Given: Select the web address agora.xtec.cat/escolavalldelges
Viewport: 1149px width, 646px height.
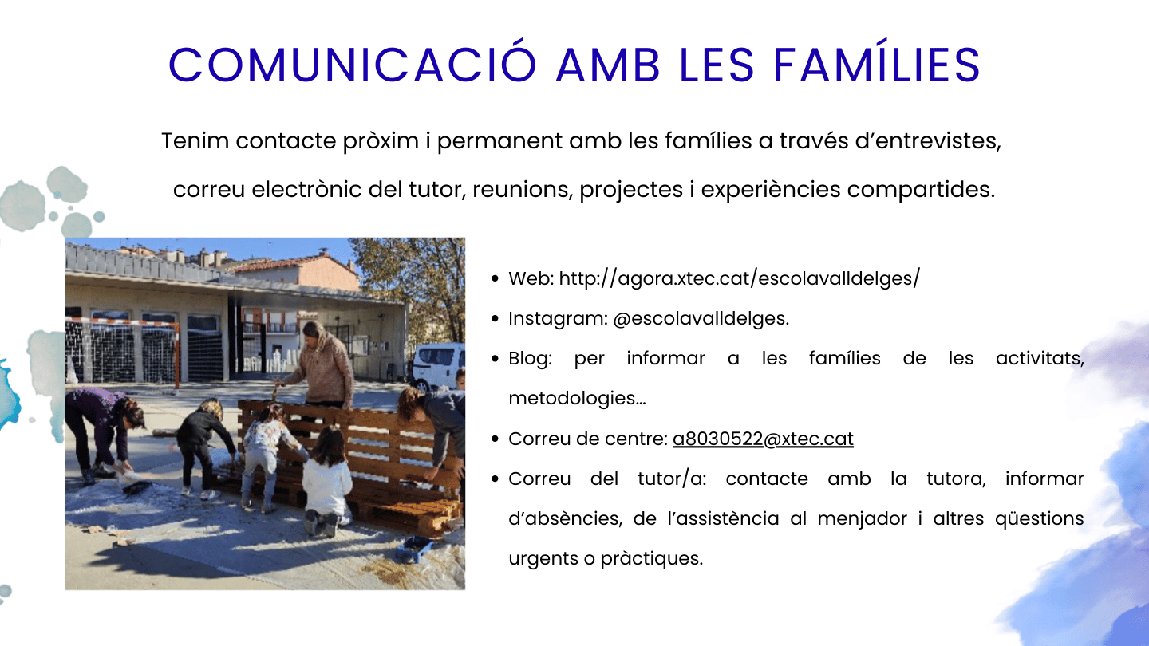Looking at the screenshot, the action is pyautogui.click(x=740, y=278).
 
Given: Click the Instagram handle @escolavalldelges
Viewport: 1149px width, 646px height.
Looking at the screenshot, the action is pyautogui.click(x=701, y=318).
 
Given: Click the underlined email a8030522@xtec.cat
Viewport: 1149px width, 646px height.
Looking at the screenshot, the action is pyautogui.click(x=763, y=439).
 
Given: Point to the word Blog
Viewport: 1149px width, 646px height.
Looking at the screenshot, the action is pyautogui.click(x=530, y=358).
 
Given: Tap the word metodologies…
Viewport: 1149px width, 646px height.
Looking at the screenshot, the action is pyautogui.click(x=577, y=398).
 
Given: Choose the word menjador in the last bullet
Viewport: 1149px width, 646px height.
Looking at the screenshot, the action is pyautogui.click(x=862, y=519).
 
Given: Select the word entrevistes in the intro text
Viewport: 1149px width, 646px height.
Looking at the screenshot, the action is pyautogui.click(x=937, y=141).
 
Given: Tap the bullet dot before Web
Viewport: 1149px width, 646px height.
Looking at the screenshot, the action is pyautogui.click(x=495, y=279).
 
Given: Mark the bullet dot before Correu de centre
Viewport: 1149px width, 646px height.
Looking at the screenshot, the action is pyautogui.click(x=495, y=439).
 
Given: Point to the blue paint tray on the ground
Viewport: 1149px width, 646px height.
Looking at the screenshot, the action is pyautogui.click(x=413, y=549).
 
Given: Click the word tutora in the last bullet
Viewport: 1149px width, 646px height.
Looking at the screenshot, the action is pyautogui.click(x=956, y=479).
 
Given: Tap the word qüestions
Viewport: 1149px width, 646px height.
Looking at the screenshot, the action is pyautogui.click(x=1039, y=519).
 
